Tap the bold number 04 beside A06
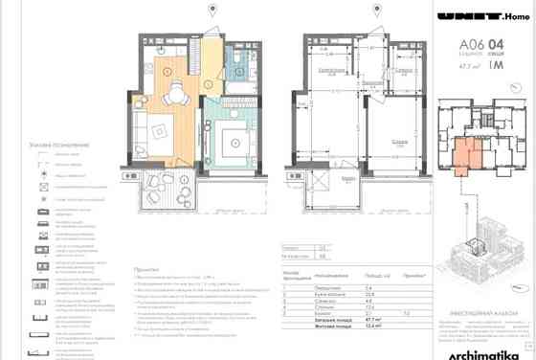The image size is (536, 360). pyautogui.click(x=495, y=44)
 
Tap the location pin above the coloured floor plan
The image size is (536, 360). pyautogui.click(x=212, y=11)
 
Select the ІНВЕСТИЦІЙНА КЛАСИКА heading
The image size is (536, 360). pyautogui.click(x=480, y=297)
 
